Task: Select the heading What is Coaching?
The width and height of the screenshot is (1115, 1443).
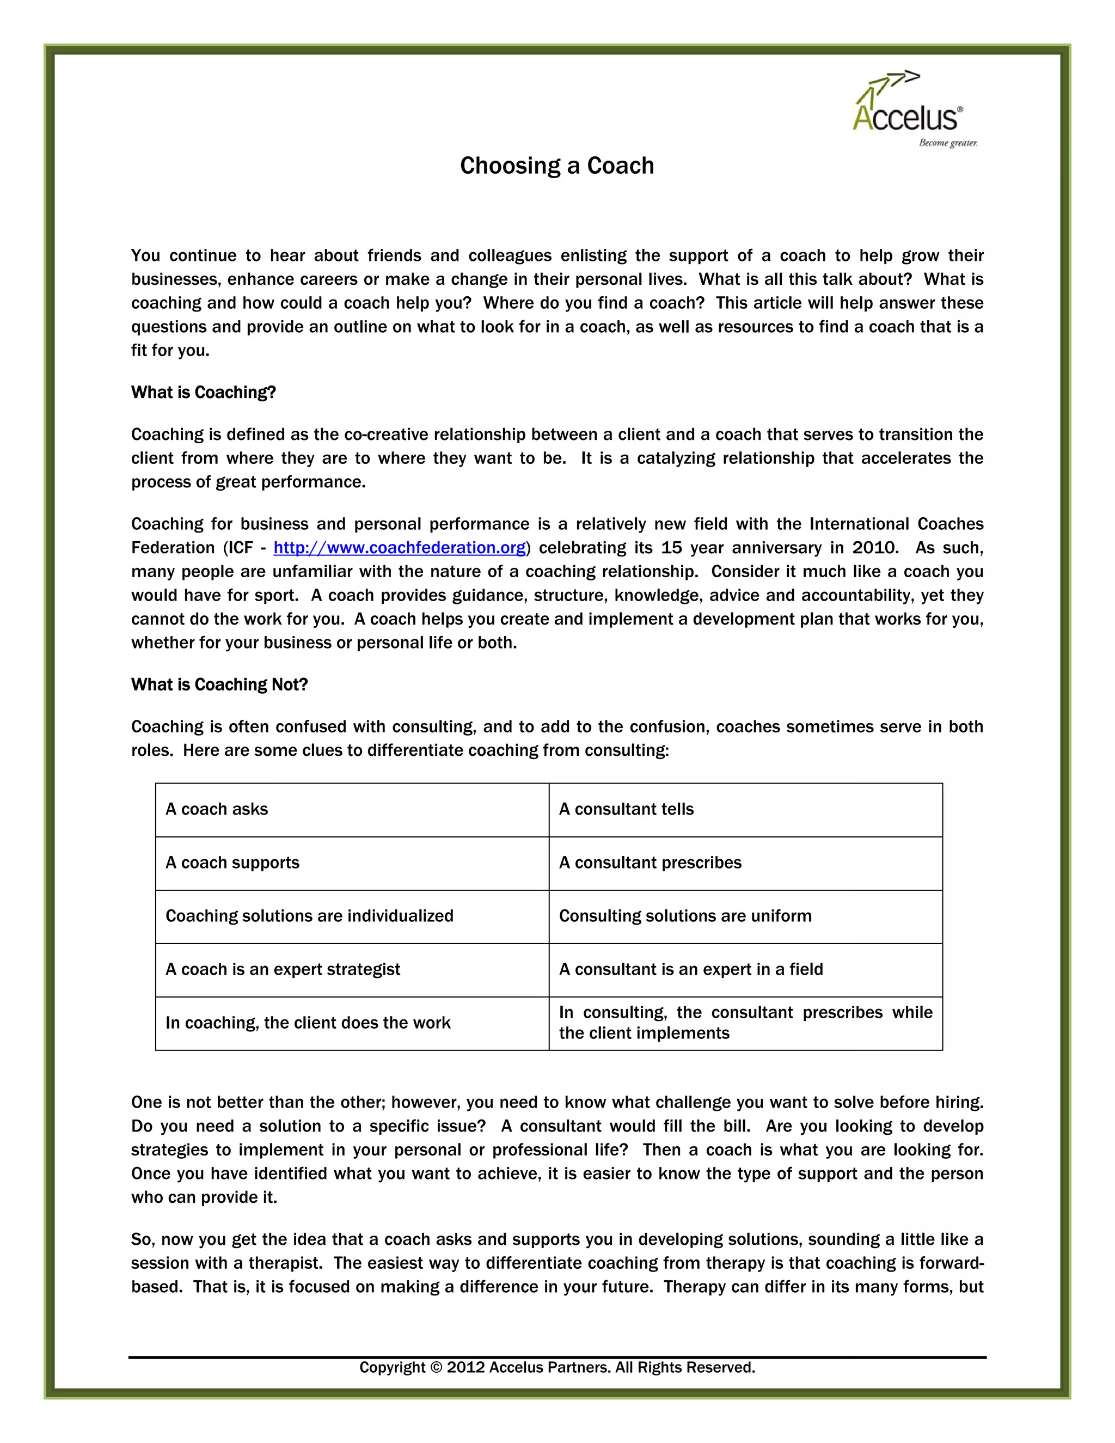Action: coord(204,393)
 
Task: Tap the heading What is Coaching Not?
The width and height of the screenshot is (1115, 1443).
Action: coord(219,684)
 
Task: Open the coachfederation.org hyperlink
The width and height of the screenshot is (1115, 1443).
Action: coord(400,548)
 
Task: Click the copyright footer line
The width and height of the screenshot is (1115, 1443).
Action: coord(557,1367)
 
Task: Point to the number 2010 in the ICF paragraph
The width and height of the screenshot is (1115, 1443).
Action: coord(874,548)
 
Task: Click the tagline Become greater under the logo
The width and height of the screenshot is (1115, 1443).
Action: coord(948,143)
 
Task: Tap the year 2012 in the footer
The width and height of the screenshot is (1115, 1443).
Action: coord(465,1367)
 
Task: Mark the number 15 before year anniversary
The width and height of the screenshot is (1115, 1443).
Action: coord(672,548)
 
